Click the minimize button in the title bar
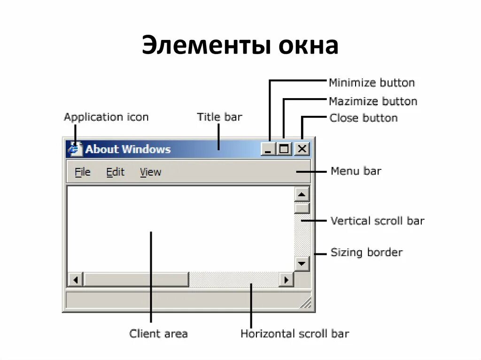tap(268, 149)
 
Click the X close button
tap(302, 149)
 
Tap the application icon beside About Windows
tap(74, 149)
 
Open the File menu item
tap(82, 172)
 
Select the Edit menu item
tap(115, 172)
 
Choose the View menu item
tap(150, 172)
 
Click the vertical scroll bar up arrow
tap(302, 194)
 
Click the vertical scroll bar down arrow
tap(302, 263)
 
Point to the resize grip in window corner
tap(306, 303)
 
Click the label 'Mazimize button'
tap(373, 101)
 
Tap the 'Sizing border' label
tap(366, 253)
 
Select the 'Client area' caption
tap(158, 334)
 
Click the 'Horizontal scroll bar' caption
tap(295, 334)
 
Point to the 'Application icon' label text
tap(106, 117)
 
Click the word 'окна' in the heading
tap(308, 46)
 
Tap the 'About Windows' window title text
tap(128, 149)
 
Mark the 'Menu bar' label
tap(356, 171)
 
